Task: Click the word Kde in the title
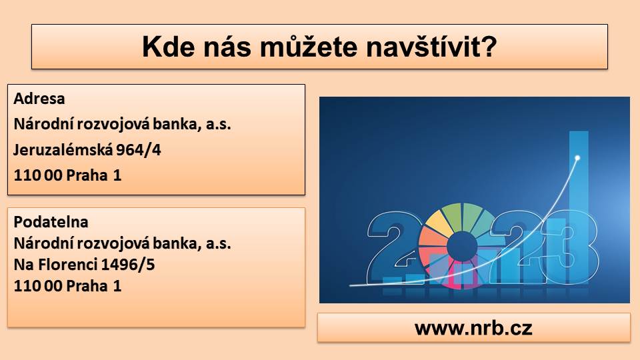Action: (x=168, y=47)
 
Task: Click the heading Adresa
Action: (x=39, y=99)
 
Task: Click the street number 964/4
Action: (x=139, y=150)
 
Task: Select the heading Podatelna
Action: (x=51, y=221)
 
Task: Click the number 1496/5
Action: (x=128, y=265)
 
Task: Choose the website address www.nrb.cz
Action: (x=473, y=328)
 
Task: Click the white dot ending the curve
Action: (x=577, y=157)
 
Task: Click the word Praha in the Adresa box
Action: (x=87, y=175)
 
